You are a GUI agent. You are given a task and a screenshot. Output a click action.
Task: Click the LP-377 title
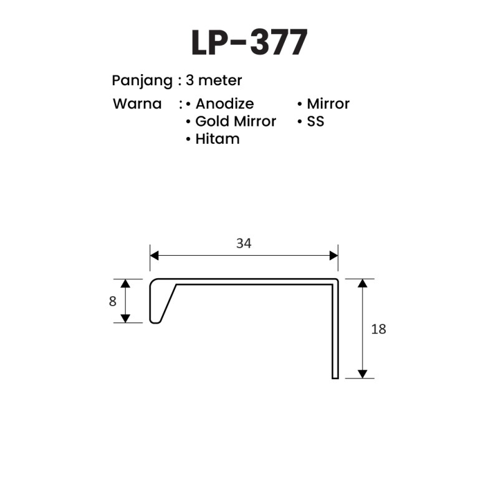click(249, 42)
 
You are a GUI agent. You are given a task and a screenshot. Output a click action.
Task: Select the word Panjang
click(142, 81)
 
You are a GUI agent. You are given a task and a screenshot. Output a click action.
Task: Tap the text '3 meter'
click(214, 80)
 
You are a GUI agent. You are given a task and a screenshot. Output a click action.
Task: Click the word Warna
click(137, 104)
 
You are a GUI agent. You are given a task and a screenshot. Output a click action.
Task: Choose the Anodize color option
click(224, 103)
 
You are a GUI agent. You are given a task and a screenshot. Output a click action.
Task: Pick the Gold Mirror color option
click(236, 121)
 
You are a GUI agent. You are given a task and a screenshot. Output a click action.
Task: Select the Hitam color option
click(218, 139)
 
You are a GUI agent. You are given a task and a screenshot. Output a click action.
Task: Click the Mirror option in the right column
click(328, 103)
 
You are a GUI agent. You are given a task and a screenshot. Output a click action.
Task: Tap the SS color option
click(315, 121)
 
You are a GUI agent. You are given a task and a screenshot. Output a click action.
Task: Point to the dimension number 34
click(244, 243)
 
